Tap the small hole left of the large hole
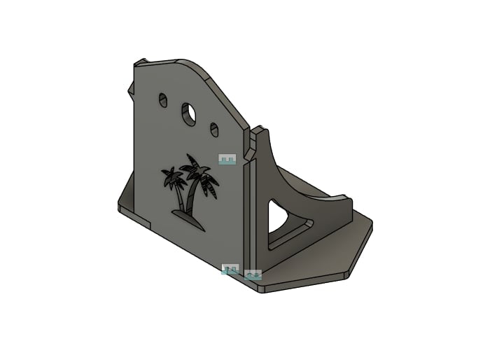click(x=163, y=100)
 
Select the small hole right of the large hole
click(x=214, y=130)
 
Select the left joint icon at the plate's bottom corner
click(x=230, y=269)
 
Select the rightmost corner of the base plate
click(x=372, y=226)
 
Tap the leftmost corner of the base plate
click(x=118, y=205)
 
